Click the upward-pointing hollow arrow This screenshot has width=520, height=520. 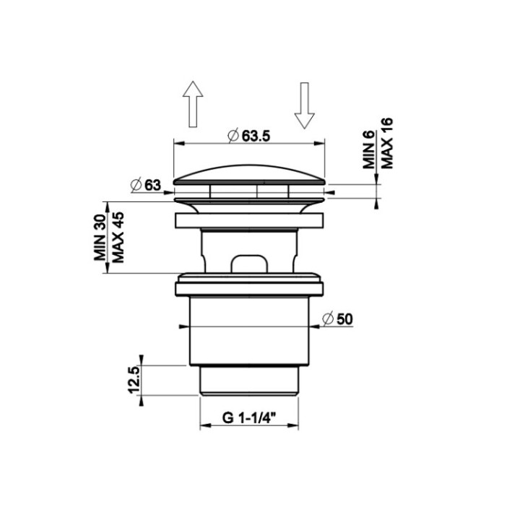coord(193,104)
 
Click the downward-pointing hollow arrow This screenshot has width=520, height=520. coord(305,105)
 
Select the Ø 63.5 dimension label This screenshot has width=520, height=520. coord(249,136)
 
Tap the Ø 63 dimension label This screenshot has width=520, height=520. coord(146,185)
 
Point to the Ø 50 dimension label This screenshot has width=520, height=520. coord(337,319)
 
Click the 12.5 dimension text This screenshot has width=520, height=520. coord(134,380)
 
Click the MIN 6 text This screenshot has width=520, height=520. coord(369,149)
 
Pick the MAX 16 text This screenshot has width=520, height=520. coord(386,143)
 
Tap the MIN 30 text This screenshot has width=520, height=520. coord(100,238)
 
